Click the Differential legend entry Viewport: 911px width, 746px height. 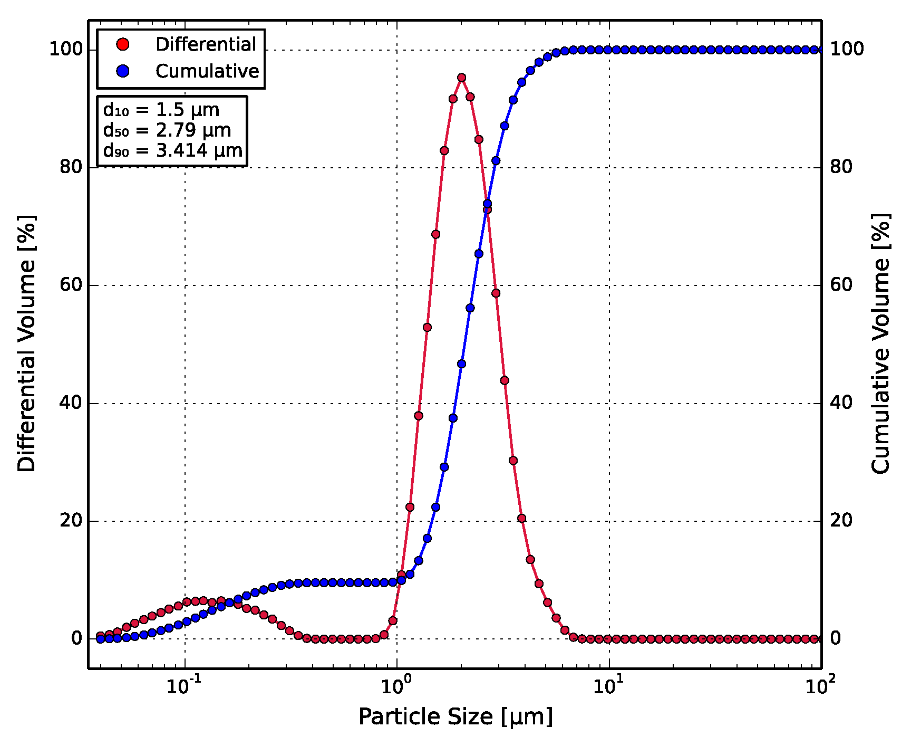[206, 44]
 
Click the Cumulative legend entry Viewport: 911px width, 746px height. [207, 71]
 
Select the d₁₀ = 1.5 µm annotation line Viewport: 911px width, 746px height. [161, 110]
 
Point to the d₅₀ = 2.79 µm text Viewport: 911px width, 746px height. [167, 130]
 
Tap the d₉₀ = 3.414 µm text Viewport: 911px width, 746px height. [173, 150]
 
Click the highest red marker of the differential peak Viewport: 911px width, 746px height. [461, 78]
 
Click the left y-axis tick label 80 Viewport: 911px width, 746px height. [71, 167]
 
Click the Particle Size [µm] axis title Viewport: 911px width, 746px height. [455, 717]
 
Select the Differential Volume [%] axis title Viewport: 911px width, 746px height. [26, 343]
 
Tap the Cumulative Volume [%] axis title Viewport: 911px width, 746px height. [880, 343]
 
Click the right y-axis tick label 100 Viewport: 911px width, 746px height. [847, 50]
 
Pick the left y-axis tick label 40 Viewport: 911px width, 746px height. [71, 403]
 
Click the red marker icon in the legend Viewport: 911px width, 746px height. [123, 44]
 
